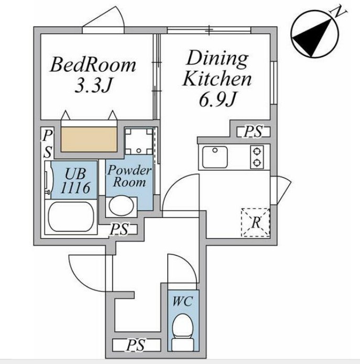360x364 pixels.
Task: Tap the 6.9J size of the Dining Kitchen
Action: click(x=217, y=99)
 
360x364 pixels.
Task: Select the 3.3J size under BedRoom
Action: click(x=93, y=84)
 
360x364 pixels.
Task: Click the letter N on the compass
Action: click(x=339, y=12)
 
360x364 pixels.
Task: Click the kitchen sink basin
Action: click(x=215, y=157)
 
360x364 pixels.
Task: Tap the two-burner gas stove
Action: click(x=257, y=157)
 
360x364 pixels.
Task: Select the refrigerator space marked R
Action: click(x=256, y=223)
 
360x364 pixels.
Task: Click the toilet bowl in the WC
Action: click(x=182, y=327)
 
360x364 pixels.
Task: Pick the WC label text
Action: click(x=182, y=302)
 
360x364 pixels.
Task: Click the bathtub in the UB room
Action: click(x=70, y=216)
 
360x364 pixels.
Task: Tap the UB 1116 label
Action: click(x=75, y=180)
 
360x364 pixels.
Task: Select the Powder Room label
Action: click(x=129, y=176)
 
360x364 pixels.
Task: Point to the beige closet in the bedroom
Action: click(x=89, y=139)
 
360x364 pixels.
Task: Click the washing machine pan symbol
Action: click(x=139, y=141)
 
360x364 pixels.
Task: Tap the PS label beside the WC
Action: click(x=136, y=345)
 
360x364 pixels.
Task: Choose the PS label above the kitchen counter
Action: click(x=253, y=131)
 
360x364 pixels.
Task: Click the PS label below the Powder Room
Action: click(x=119, y=229)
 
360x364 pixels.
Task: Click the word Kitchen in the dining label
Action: click(x=217, y=79)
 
